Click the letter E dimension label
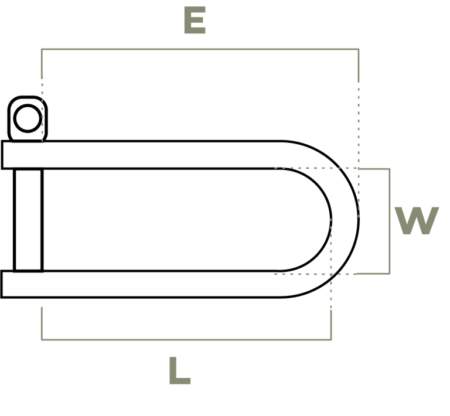click(195, 20)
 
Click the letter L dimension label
click(180, 370)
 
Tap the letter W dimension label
click(417, 221)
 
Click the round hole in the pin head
click(28, 118)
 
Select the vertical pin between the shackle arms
click(28, 220)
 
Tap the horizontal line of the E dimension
click(200, 49)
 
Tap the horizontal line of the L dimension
click(186, 340)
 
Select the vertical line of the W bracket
click(389, 221)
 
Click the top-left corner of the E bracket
click(42, 49)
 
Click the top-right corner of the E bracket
click(359, 49)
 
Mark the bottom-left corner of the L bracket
click(42, 340)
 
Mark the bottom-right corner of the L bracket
click(331, 340)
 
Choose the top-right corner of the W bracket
click(389, 169)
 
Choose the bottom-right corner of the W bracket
click(389, 274)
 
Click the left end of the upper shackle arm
click(2, 155)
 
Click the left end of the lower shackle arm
click(2, 284)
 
